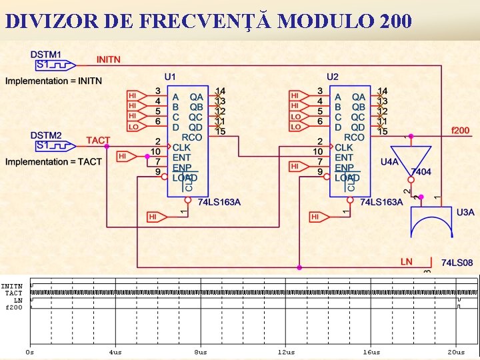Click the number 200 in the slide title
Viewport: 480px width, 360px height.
coord(394,22)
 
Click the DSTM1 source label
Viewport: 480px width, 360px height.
coord(46,54)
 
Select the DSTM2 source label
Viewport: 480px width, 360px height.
coord(46,135)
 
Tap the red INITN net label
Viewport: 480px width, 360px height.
coord(109,60)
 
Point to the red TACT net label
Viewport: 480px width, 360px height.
coord(98,141)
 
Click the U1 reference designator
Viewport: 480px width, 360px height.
coord(171,77)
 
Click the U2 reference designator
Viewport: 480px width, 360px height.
coord(333,77)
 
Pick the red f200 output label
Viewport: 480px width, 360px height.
coord(461,130)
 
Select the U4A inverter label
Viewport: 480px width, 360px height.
coord(390,161)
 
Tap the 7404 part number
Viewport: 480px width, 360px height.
coord(421,171)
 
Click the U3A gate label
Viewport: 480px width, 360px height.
coord(465,212)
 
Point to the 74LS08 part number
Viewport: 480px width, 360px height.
coord(457,263)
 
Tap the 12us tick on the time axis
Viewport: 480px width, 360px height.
coord(286,351)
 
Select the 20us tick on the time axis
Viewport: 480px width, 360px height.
coord(457,351)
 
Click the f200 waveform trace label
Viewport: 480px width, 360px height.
coord(14,307)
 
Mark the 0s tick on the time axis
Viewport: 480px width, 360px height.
coord(30,351)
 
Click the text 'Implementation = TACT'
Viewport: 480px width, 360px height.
coord(53,162)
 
